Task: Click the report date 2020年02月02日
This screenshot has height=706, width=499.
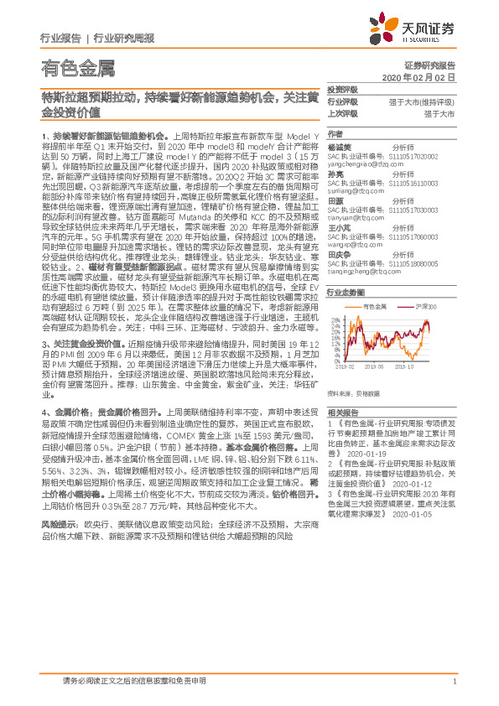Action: point(430,76)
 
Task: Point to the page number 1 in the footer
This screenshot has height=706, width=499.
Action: point(454,681)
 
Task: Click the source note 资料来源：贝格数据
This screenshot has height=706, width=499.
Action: point(353,393)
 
